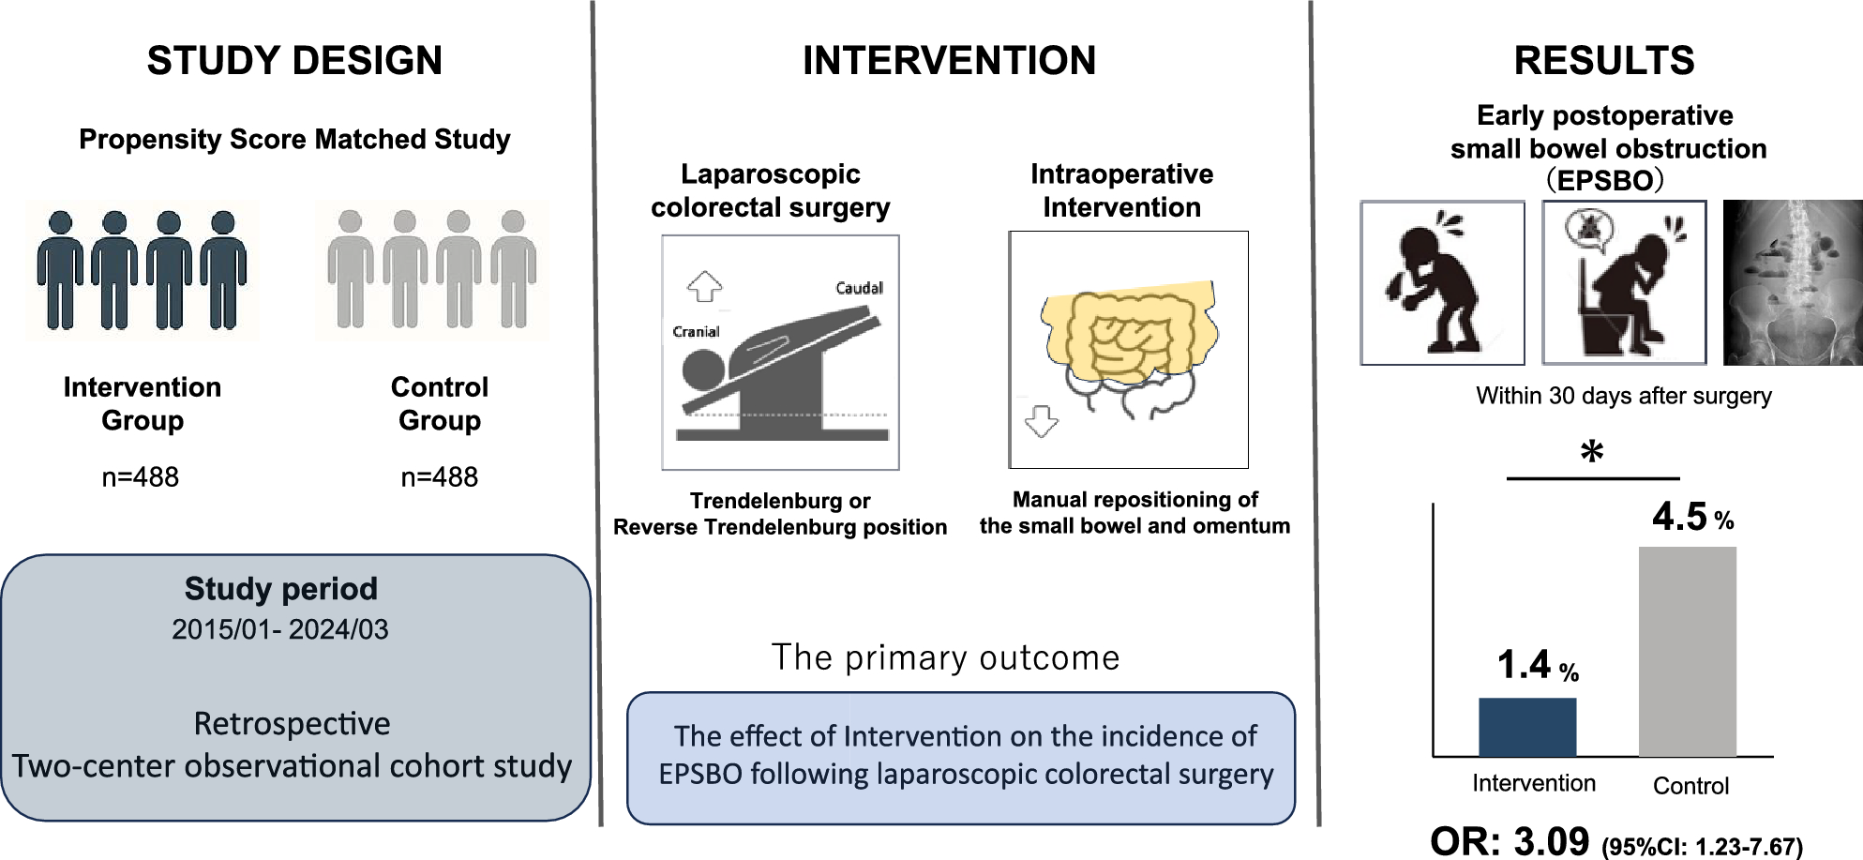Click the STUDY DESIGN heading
point(294,61)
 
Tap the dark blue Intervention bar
point(1526,727)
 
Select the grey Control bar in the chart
point(1687,651)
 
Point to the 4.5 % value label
point(1691,517)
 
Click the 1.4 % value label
point(1537,665)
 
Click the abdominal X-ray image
point(1792,282)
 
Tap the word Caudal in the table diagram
point(859,288)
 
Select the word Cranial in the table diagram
point(696,332)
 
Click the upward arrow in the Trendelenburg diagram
point(704,286)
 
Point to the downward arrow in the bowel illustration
point(1041,421)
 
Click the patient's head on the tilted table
point(703,370)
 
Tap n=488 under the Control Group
point(439,477)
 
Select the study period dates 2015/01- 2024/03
point(279,629)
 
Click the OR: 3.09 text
point(1509,840)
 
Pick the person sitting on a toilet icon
point(1624,282)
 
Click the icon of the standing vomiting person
point(1442,282)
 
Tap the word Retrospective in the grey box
point(292,724)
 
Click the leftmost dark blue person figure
point(60,270)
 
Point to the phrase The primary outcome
point(945,657)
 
